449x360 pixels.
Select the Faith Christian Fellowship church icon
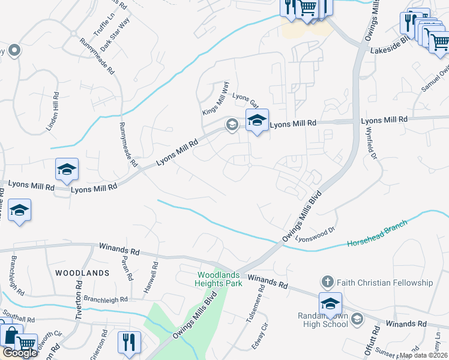click(x=327, y=282)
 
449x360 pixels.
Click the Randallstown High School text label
click(x=322, y=320)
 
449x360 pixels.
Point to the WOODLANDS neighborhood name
click(x=82, y=272)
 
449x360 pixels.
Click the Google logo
click(x=19, y=353)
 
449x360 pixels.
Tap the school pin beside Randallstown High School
click(x=330, y=304)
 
